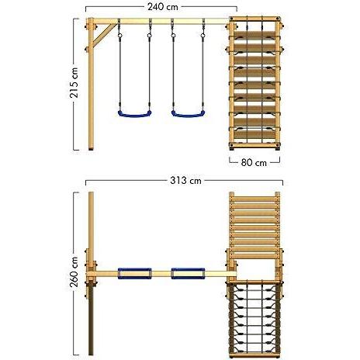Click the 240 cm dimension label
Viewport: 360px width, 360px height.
coord(163,7)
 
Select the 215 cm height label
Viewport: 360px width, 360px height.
coord(74,83)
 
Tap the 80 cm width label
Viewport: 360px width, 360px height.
coord(254,163)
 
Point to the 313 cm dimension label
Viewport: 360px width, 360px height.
coord(185,181)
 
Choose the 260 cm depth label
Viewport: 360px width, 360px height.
coord(74,272)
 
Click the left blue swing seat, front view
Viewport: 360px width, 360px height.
coord(135,113)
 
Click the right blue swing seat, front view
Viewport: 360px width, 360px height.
coord(189,113)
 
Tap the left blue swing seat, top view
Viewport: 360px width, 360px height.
coord(135,273)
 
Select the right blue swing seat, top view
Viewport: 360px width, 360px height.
coord(188,273)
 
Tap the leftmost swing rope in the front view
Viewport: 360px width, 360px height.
coord(119,70)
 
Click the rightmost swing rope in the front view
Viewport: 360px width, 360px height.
coord(203,70)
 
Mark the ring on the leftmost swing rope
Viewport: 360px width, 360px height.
coord(119,35)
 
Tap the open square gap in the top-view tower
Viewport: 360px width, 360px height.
coord(255,269)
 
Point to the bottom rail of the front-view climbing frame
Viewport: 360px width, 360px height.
coord(254,145)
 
